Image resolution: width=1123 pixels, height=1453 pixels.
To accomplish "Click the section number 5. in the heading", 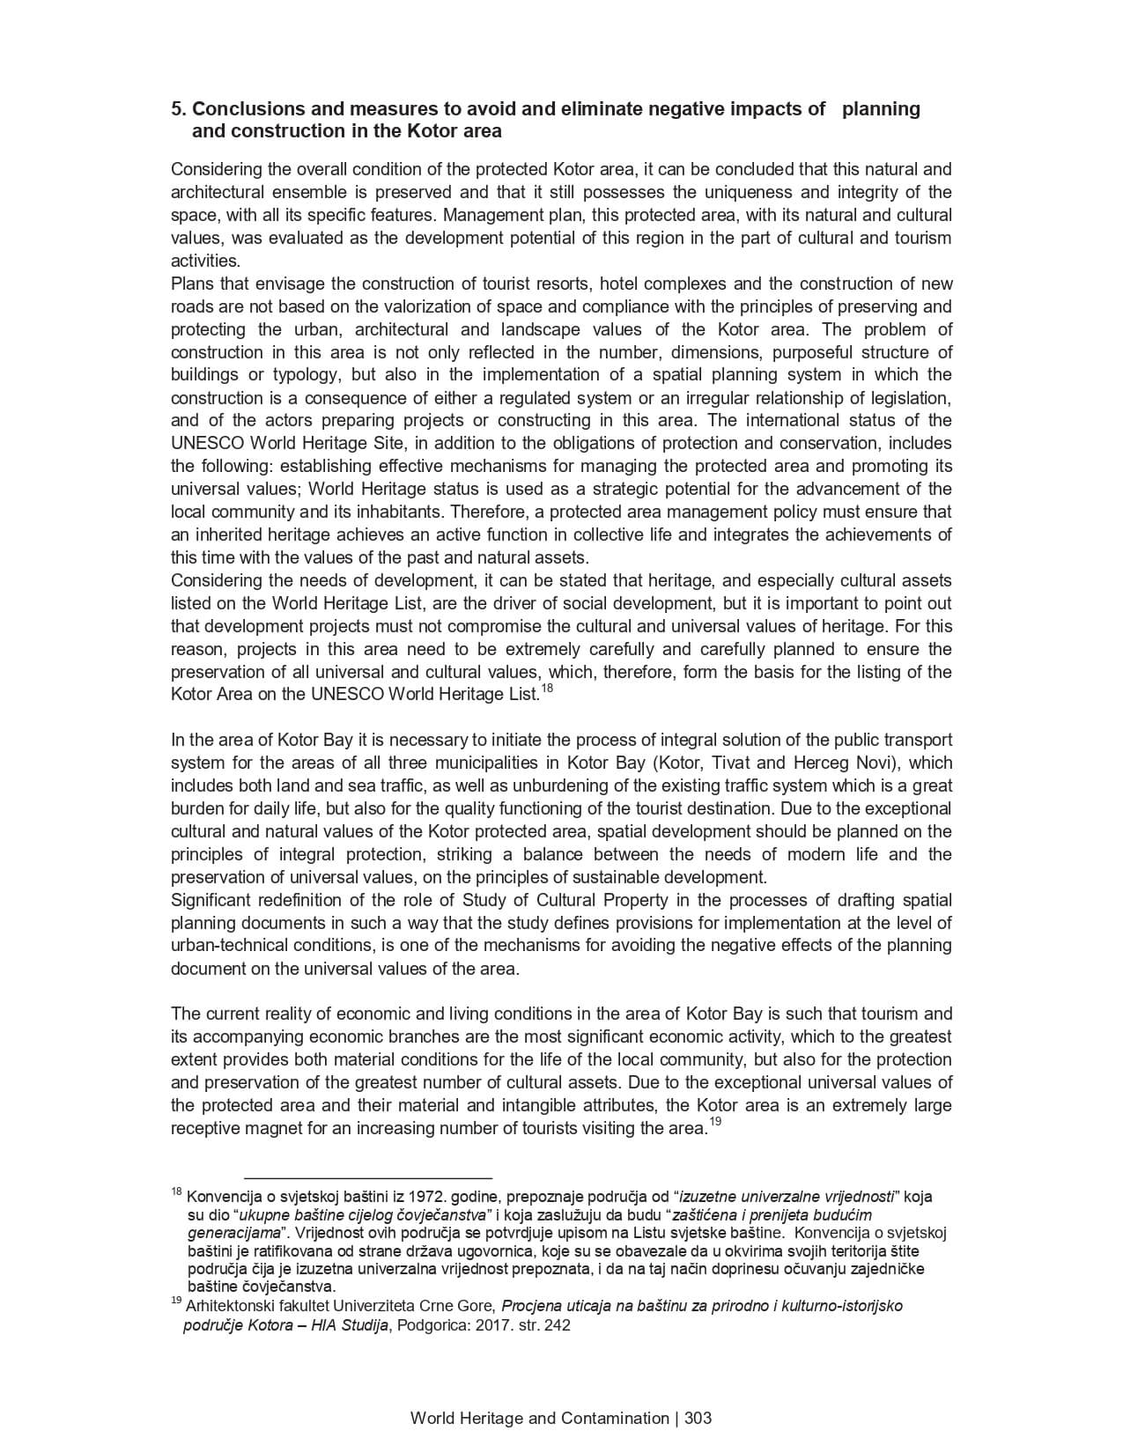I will coord(179,109).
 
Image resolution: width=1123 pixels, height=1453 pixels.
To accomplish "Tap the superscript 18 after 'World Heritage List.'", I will coord(547,689).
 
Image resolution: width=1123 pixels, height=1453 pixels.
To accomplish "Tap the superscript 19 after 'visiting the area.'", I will coord(715,1122).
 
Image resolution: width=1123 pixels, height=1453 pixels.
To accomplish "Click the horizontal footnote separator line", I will coord(367,1178).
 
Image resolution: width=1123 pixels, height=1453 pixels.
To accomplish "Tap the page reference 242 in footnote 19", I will coord(558,1326).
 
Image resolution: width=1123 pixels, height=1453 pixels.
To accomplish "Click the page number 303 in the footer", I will coord(698,1419).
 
